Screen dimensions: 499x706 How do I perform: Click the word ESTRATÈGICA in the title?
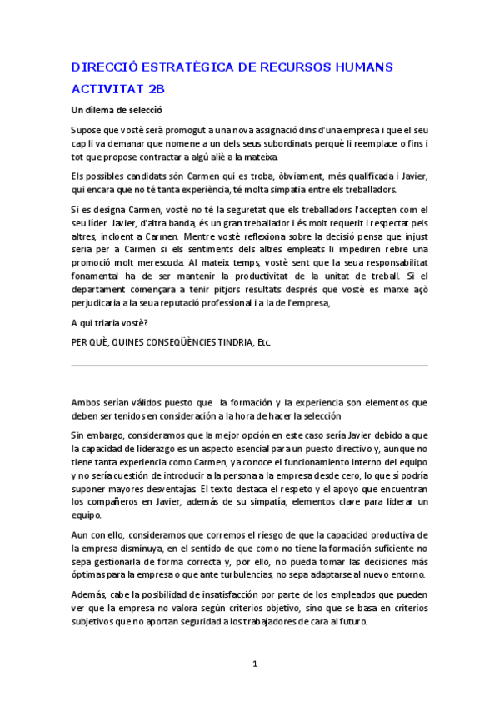[188, 67]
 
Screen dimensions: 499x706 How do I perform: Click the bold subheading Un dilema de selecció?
[117, 109]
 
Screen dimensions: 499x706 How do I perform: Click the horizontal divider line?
[249, 364]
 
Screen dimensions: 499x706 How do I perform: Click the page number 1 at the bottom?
[255, 664]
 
